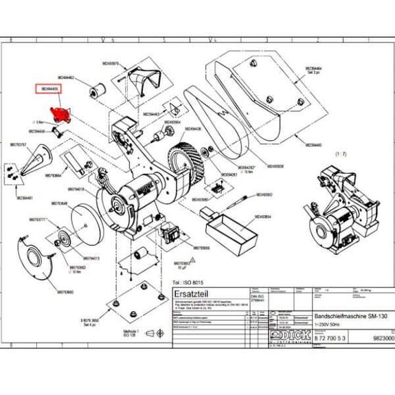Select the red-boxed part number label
tap(49, 89)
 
